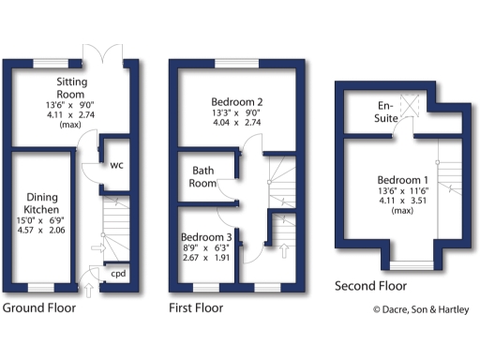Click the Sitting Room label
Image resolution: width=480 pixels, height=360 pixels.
click(71, 88)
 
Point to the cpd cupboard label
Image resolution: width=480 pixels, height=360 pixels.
click(118, 274)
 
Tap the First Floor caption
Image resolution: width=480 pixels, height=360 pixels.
click(196, 307)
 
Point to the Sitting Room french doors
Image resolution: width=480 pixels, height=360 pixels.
click(101, 54)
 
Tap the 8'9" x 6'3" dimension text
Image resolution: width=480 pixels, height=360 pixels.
click(210, 248)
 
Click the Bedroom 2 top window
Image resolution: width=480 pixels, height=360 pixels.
click(235, 63)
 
